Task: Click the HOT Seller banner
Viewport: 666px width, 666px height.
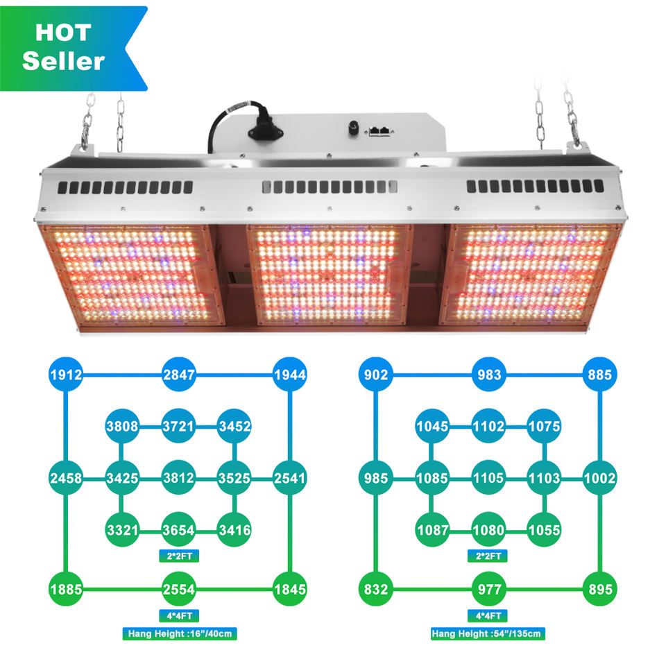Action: coord(68,48)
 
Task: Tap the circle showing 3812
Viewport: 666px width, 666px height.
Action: coord(178,478)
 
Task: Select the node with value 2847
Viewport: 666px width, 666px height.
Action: coord(179,375)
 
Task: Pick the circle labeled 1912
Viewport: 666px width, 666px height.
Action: coord(66,375)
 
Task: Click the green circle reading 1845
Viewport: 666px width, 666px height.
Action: coord(290,589)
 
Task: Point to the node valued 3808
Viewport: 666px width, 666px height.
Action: coord(122,426)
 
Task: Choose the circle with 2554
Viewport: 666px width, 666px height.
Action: coord(179,589)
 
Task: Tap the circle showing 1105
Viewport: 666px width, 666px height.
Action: coord(488,478)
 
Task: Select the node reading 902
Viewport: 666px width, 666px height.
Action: coord(376,375)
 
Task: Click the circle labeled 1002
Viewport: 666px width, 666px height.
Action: coord(599,478)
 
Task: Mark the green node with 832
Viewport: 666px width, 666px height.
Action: coord(376,589)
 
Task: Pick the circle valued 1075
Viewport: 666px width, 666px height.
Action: coord(544,426)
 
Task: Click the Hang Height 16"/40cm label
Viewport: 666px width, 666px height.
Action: coord(180,633)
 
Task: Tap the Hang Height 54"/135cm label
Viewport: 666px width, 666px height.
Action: coord(488,633)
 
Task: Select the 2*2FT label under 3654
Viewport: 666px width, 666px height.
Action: coord(179,556)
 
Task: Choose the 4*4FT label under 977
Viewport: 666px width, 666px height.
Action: coord(488,615)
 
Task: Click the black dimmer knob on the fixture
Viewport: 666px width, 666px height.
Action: coord(353,129)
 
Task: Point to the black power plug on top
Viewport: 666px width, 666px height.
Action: coord(264,128)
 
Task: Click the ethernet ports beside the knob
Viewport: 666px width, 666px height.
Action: coord(379,131)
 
